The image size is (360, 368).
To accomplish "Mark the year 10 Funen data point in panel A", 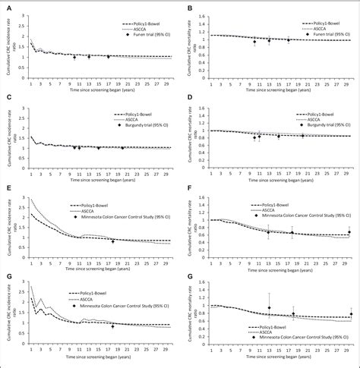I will point(74,57).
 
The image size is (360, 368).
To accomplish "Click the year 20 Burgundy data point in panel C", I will point(122,148).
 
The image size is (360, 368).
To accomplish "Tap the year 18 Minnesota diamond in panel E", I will point(112,241).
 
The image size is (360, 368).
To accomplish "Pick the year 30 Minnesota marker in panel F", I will point(350,232).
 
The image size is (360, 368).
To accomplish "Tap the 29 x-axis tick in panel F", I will point(346,256).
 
